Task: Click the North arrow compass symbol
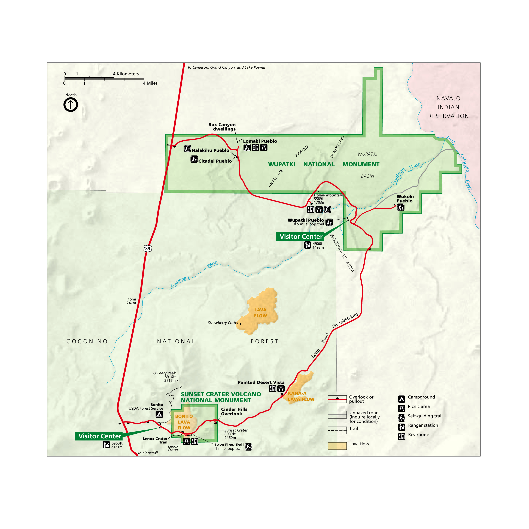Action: [x=71, y=105]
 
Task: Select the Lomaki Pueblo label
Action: [x=260, y=141]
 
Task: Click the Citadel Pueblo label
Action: [x=215, y=161]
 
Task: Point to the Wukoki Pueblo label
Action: [x=405, y=199]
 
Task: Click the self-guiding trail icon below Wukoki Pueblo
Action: [x=401, y=207]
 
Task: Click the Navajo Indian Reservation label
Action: [x=448, y=107]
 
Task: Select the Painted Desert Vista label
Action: [x=261, y=382]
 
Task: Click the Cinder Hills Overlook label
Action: [x=234, y=412]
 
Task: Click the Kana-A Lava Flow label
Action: [x=301, y=396]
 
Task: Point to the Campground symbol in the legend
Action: [x=401, y=399]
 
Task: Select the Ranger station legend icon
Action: [x=401, y=427]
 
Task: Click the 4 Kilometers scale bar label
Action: [x=126, y=74]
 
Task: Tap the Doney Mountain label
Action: [x=328, y=195]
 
